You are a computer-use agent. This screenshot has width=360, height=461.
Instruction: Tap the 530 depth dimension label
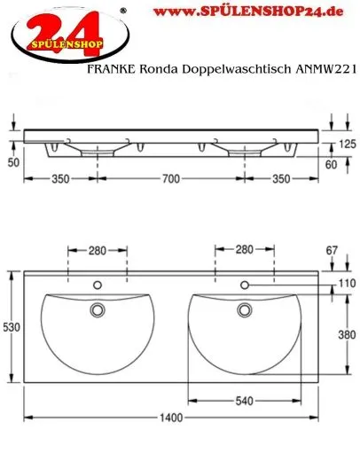(11, 327)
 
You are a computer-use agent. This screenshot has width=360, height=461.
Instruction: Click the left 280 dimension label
(98, 250)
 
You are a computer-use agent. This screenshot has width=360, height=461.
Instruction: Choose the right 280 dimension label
(244, 250)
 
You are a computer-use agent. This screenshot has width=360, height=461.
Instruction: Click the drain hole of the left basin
(98, 309)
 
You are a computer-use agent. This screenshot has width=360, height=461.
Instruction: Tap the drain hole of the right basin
(244, 309)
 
